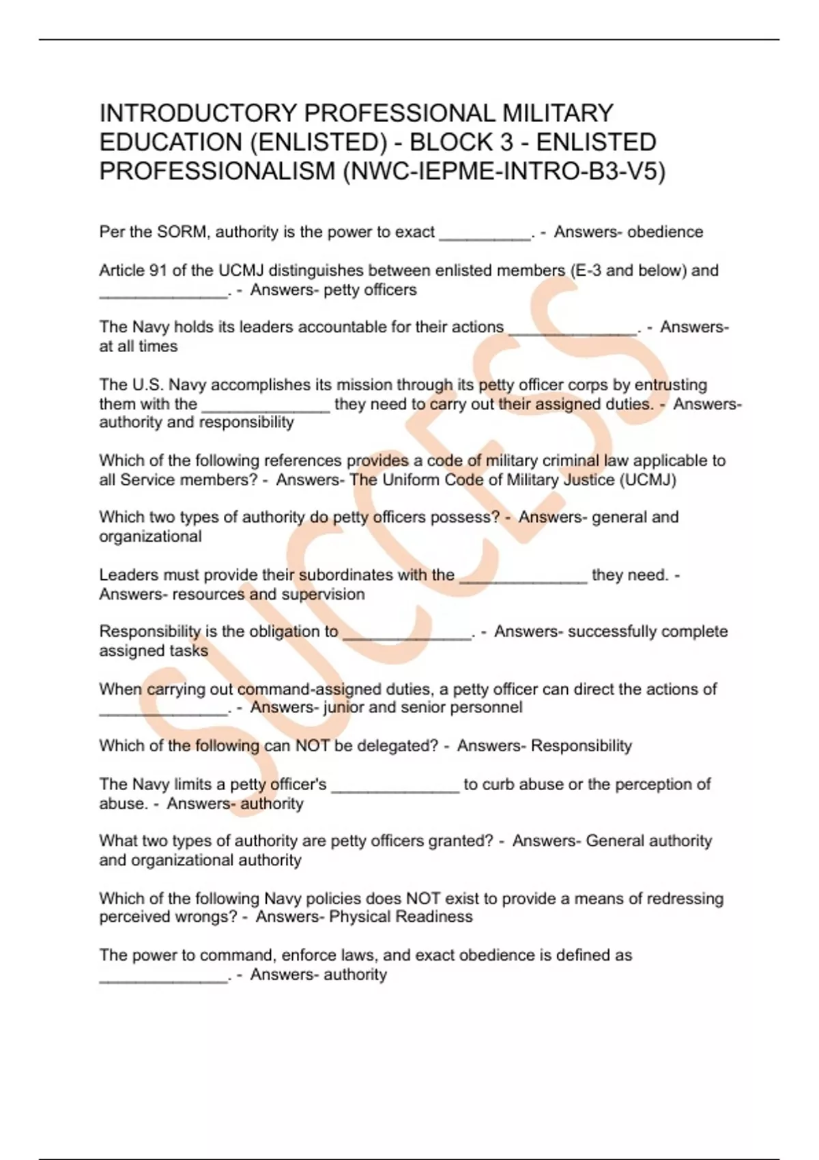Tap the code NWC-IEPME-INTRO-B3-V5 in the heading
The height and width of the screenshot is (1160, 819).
click(504, 171)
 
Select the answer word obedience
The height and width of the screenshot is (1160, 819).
click(665, 232)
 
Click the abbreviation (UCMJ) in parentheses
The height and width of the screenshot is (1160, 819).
click(648, 480)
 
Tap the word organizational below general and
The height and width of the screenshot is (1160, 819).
click(150, 536)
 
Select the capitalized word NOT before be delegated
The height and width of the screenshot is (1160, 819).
click(313, 746)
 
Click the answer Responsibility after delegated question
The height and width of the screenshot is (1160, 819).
click(581, 746)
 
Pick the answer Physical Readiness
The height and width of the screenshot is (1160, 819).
click(401, 916)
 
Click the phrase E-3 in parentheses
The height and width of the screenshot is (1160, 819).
click(588, 270)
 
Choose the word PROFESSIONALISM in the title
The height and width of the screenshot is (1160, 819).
click(217, 171)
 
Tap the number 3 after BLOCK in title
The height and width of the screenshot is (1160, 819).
click(506, 142)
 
